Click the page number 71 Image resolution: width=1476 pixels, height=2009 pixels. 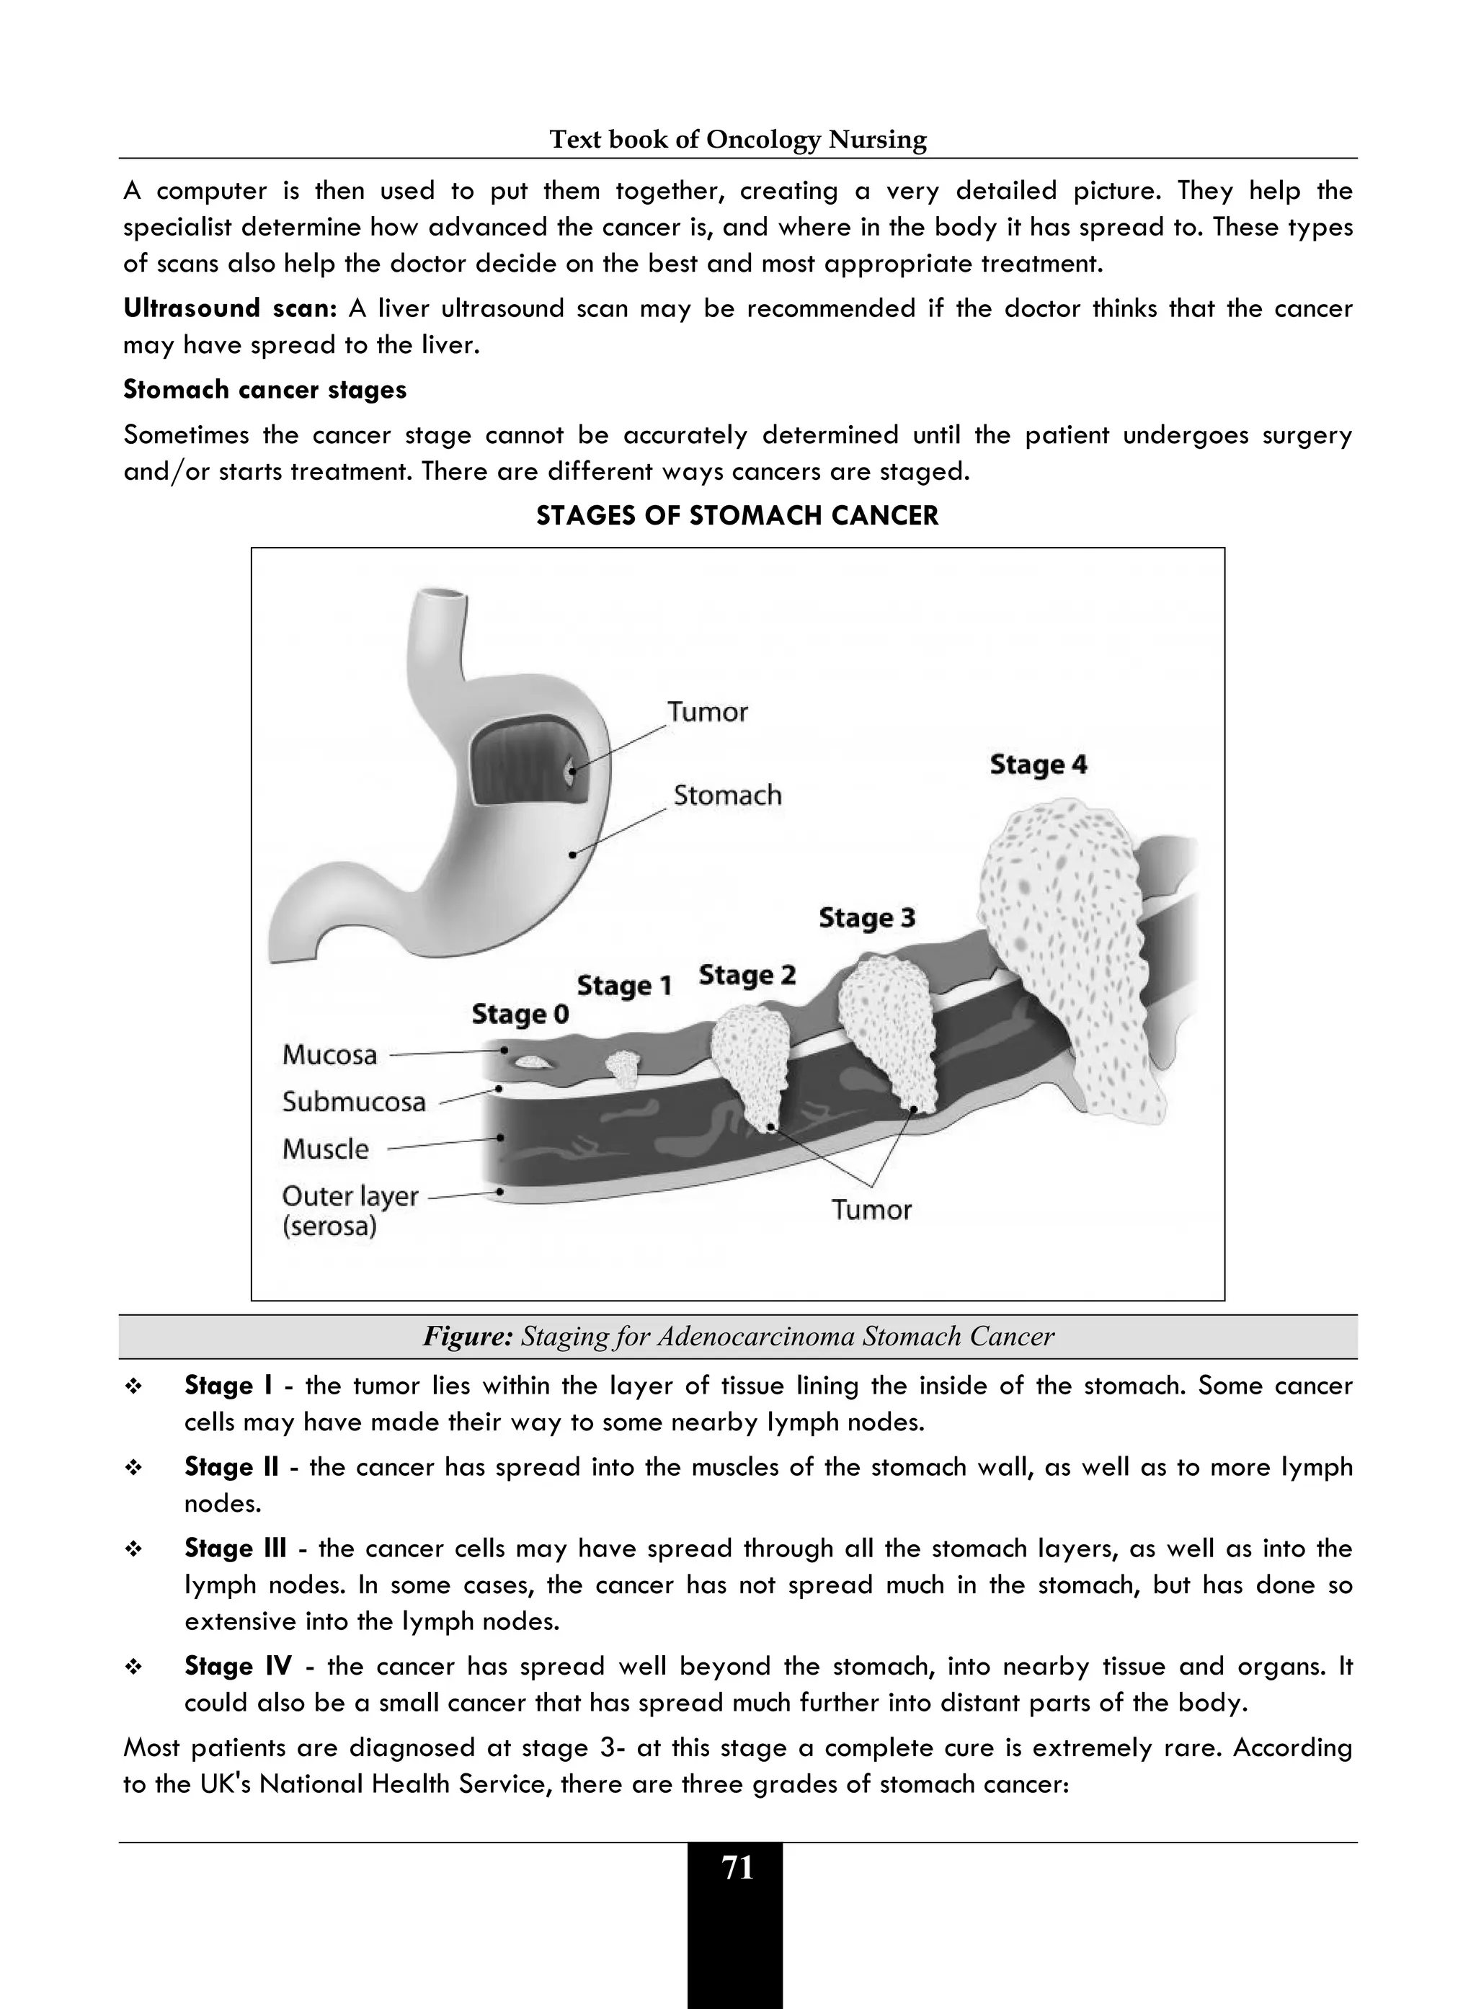737,1868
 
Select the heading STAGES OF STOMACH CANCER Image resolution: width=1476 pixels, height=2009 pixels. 737,517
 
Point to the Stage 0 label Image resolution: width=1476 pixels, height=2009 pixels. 520,1014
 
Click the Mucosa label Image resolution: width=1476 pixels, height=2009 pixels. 329,1055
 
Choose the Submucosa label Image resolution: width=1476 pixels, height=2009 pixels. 354,1102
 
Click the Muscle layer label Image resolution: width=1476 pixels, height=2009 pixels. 325,1149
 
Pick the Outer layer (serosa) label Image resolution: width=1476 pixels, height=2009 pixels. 350,1211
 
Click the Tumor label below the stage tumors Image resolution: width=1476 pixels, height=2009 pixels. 871,1210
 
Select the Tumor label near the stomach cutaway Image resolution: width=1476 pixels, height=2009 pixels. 708,712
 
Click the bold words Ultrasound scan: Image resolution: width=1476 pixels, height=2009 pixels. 230,309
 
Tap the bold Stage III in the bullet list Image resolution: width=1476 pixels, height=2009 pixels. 235,1548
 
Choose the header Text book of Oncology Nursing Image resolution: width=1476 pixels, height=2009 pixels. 737,139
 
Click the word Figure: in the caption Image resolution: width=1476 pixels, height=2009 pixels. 467,1337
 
